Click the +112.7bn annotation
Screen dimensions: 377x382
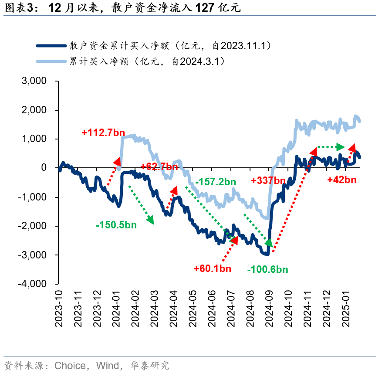coord(103,132)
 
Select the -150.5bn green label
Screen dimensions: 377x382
coord(116,225)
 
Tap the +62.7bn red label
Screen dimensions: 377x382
coord(159,166)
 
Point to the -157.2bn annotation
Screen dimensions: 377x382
coord(216,181)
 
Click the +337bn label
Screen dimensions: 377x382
coord(269,180)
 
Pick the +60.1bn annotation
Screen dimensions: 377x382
coord(212,268)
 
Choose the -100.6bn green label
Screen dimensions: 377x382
coord(267,269)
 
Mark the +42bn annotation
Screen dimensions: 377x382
coord(342,180)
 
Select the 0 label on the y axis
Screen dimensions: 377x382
coord(44,168)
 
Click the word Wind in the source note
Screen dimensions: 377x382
coord(107,365)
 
